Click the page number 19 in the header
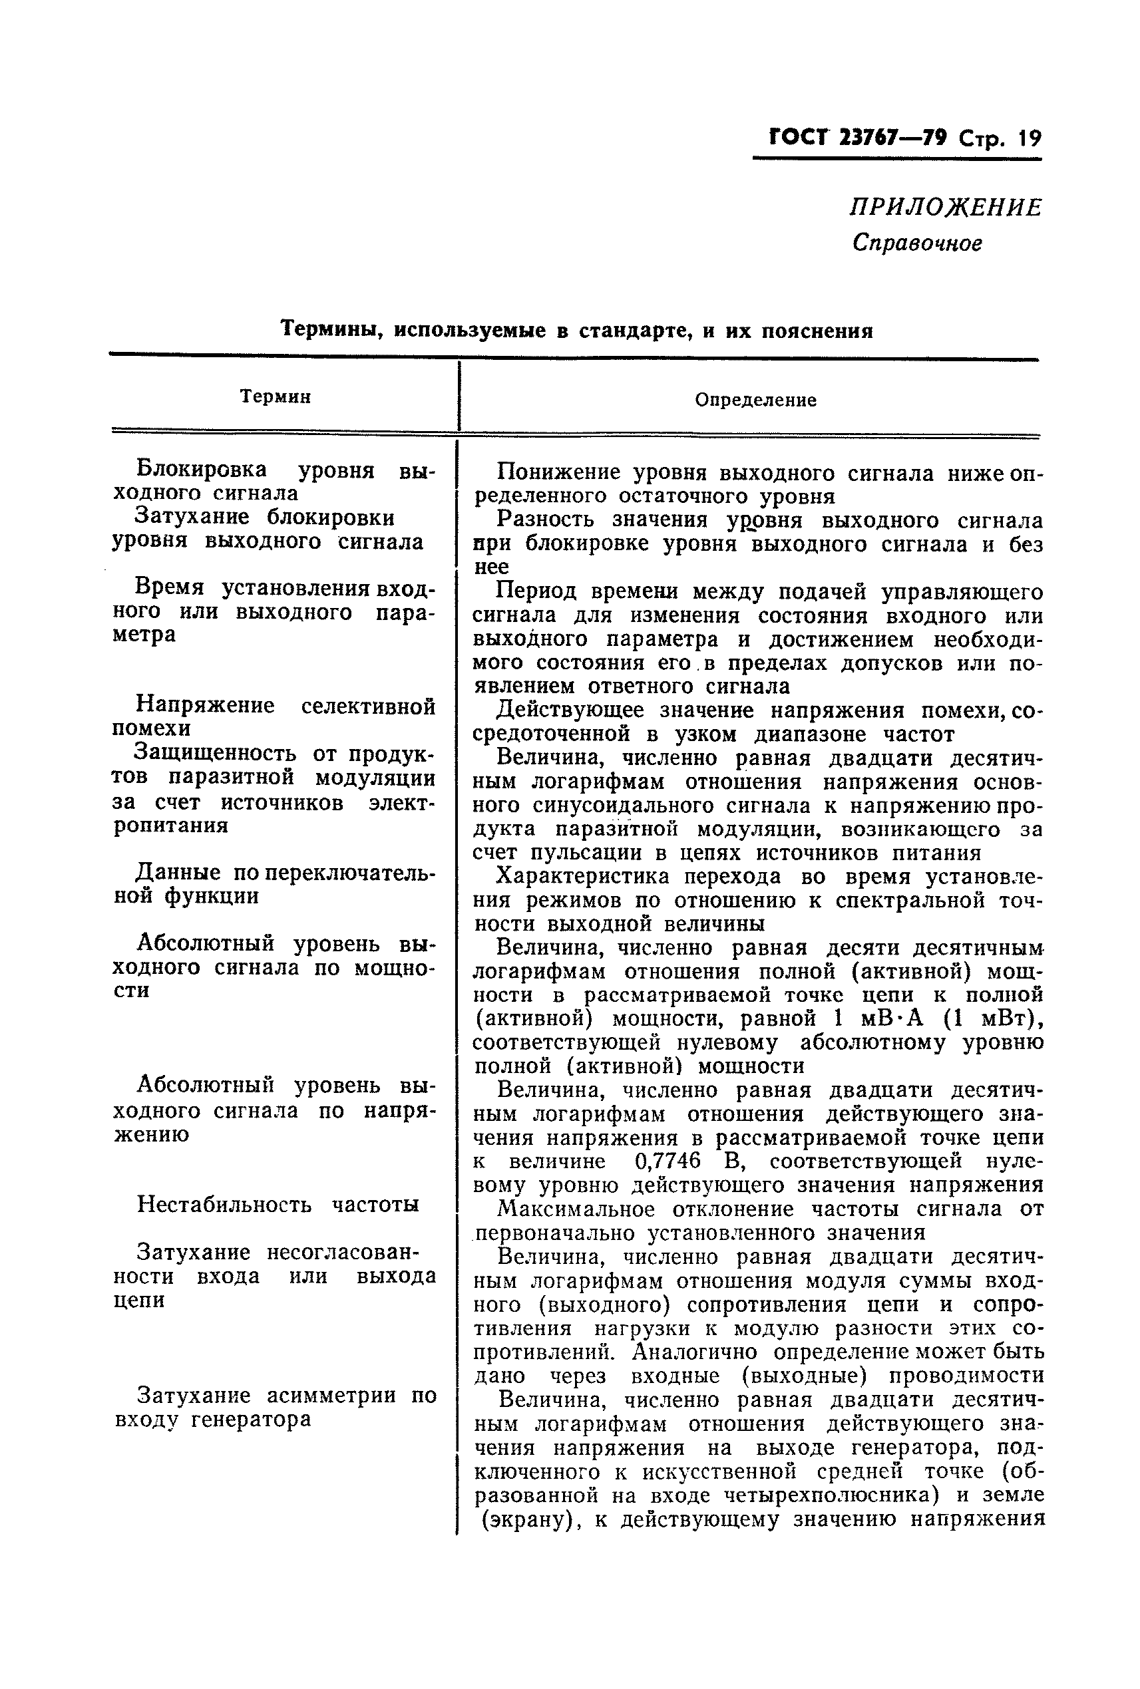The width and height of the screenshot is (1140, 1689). (x=1030, y=138)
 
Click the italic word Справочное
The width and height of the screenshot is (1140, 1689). (x=917, y=243)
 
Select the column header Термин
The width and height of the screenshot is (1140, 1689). (x=276, y=397)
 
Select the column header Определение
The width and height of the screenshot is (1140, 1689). (x=755, y=400)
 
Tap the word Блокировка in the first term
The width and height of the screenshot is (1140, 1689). (x=202, y=470)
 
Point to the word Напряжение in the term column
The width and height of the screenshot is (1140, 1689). (x=206, y=705)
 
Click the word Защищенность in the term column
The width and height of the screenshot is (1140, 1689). (x=216, y=753)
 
